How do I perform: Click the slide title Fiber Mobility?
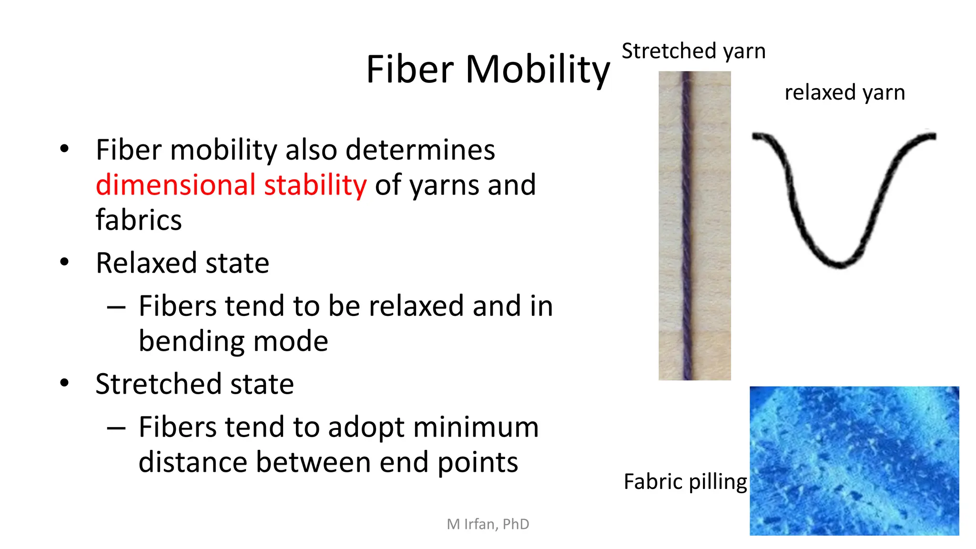tap(488, 70)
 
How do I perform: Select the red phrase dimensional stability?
tap(231, 185)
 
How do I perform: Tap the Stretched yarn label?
tap(693, 51)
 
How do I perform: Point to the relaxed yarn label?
tap(844, 92)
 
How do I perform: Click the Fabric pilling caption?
tap(685, 481)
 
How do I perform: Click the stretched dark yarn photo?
tap(694, 225)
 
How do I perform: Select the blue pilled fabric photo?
tap(854, 461)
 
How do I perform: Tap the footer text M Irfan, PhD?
tap(488, 524)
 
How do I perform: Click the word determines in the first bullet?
tap(420, 150)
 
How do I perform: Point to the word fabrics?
tap(139, 220)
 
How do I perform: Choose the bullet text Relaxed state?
tap(183, 263)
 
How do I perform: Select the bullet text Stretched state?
tap(194, 384)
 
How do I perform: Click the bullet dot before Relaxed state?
tap(65, 262)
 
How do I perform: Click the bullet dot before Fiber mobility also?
tap(65, 149)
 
